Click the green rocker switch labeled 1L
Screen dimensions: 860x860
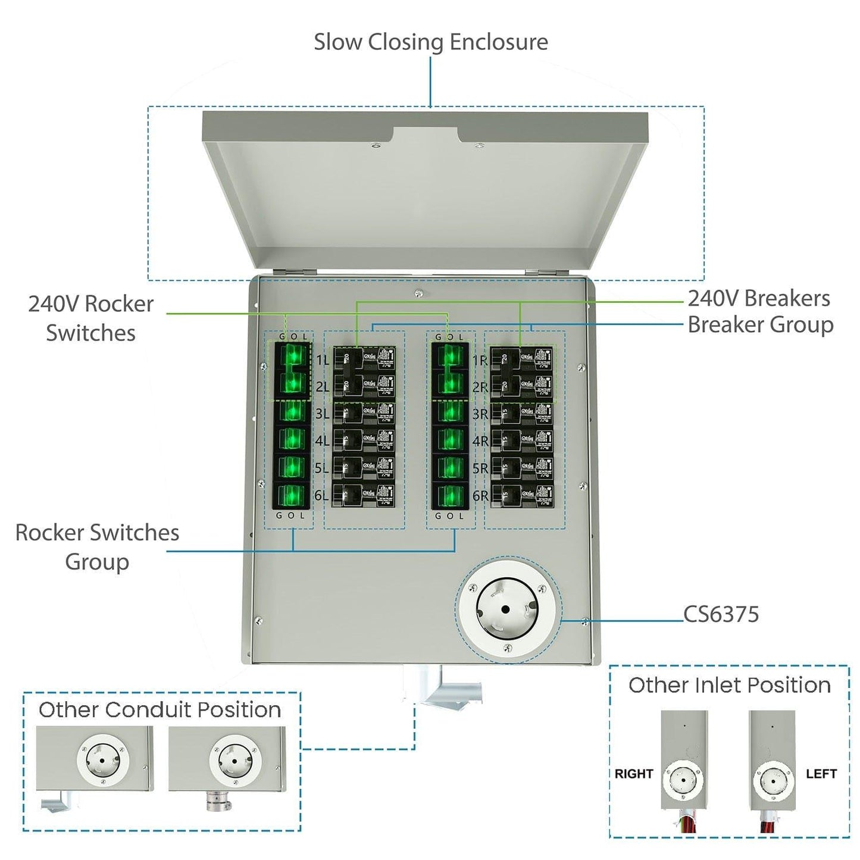tap(292, 356)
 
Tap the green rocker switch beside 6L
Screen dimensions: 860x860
tap(292, 496)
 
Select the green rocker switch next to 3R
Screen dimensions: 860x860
tap(451, 412)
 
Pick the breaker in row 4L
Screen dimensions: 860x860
tap(364, 441)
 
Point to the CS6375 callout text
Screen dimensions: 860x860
tap(721, 614)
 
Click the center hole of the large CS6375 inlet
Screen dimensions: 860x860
tap(505, 609)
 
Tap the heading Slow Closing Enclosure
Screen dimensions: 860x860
tap(430, 42)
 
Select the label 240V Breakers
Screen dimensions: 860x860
tap(759, 298)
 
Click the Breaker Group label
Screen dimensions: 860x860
tap(760, 325)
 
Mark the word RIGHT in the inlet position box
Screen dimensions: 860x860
tap(634, 774)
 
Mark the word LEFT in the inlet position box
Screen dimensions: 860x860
tap(821, 774)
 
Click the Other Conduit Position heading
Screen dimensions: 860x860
tap(160, 709)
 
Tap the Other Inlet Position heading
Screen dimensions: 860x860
tap(729, 685)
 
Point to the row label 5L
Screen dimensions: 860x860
tap(321, 468)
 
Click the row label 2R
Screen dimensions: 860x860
tap(480, 387)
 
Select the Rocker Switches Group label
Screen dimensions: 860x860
tap(97, 546)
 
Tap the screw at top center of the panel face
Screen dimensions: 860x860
tap(418, 293)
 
